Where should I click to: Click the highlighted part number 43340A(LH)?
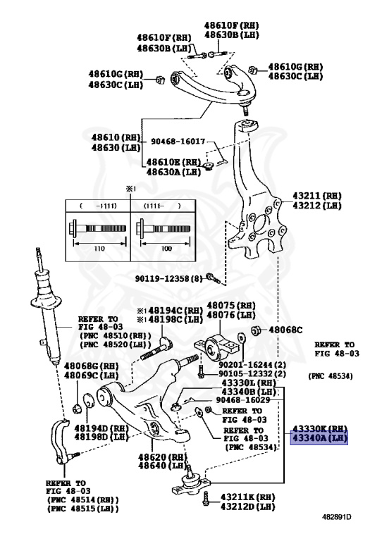tap(320, 437)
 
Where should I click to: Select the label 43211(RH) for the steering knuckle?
tap(316, 195)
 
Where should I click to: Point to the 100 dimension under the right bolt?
tap(166, 250)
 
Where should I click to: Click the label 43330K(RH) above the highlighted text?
tap(320, 428)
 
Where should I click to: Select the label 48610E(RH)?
tap(173, 162)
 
